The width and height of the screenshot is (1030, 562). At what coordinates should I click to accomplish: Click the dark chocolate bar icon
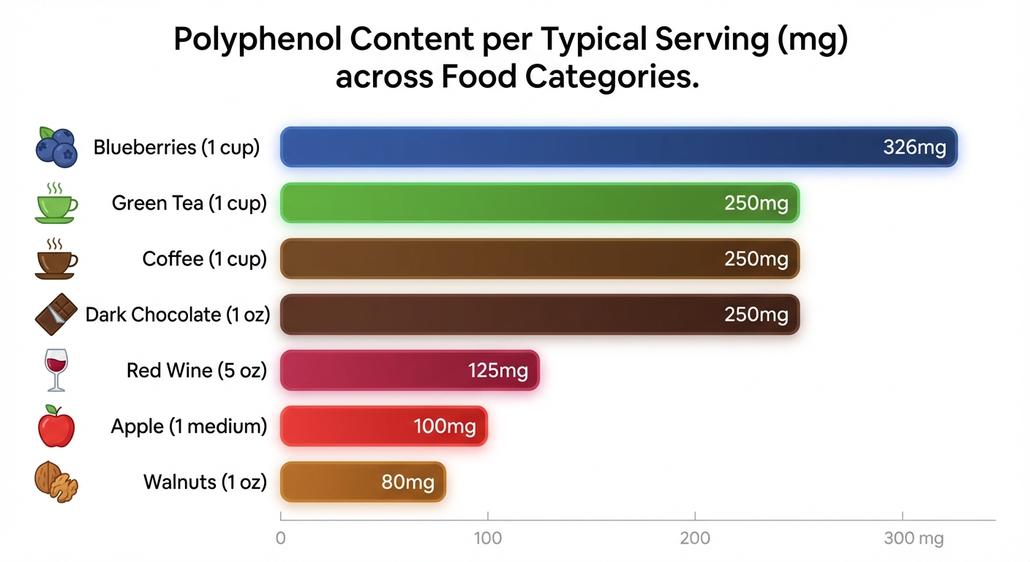point(56,314)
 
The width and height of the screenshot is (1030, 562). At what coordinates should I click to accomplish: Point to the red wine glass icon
point(56,370)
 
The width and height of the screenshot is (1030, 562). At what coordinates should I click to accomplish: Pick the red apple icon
point(56,426)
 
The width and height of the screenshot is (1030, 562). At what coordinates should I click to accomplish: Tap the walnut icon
point(56,482)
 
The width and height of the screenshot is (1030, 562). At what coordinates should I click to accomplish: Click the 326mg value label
point(914,147)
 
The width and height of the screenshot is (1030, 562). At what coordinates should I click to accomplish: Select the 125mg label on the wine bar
point(497,370)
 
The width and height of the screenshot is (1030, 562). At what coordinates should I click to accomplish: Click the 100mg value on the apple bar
point(445,426)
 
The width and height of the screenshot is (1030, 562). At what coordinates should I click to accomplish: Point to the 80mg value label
point(407,482)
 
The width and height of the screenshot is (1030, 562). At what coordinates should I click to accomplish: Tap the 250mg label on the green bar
point(756,203)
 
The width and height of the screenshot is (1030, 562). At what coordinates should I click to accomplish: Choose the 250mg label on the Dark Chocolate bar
point(756,315)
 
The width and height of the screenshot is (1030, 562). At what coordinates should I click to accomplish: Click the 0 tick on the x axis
point(280,539)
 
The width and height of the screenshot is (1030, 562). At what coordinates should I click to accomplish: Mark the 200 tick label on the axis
point(694,539)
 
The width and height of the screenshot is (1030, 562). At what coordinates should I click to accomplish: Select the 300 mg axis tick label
point(913,539)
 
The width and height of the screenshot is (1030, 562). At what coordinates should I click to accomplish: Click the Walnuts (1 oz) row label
point(205,482)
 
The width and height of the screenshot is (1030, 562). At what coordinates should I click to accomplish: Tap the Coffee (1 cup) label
point(204,259)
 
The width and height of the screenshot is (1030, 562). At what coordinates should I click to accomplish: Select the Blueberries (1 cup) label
point(176,147)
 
